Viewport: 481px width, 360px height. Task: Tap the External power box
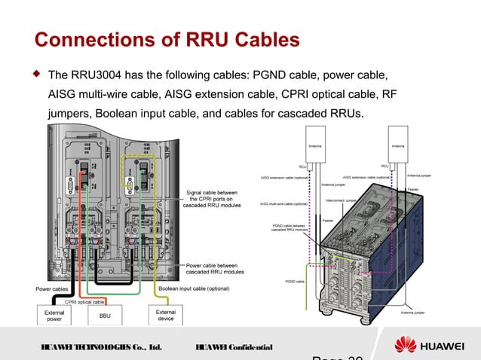(54, 316)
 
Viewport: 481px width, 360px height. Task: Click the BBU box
(105, 316)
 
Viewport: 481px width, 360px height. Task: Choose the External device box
(165, 316)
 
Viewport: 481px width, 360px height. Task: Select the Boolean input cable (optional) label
(193, 288)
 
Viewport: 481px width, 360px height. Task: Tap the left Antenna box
(314, 146)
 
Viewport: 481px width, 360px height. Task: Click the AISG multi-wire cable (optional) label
(283, 204)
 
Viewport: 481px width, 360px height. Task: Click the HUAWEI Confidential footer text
(233, 347)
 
